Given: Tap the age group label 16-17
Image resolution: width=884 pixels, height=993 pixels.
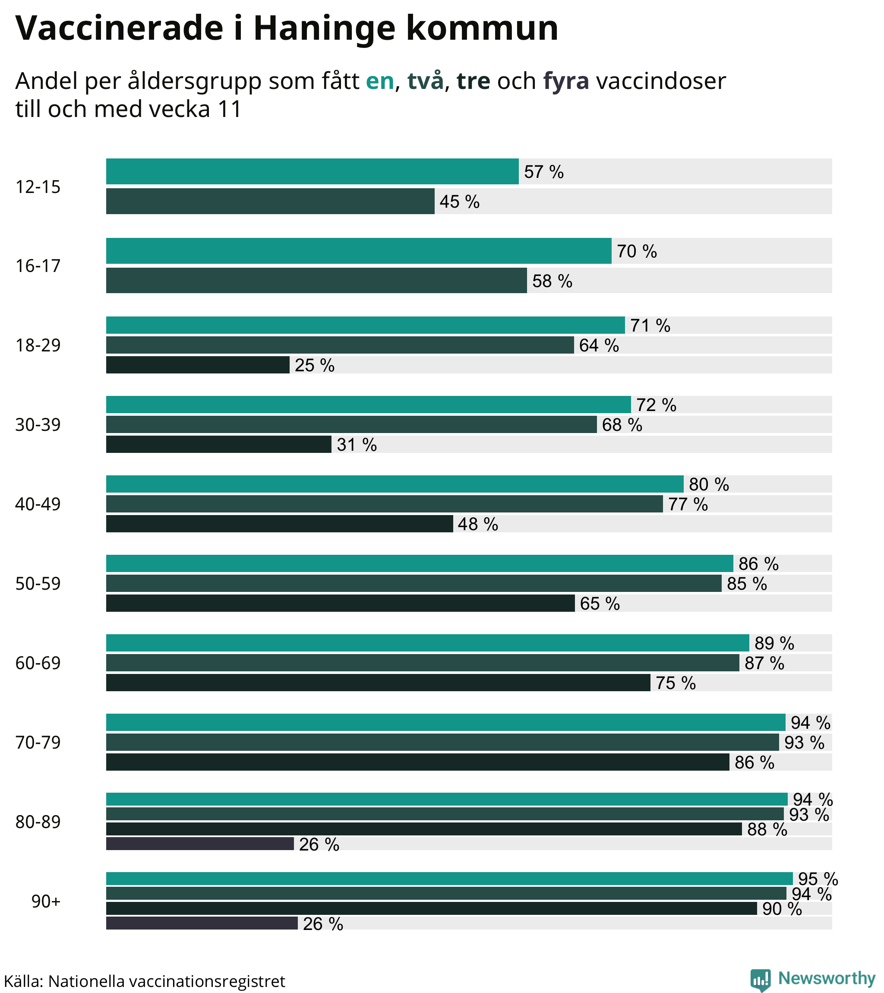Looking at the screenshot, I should [38, 266].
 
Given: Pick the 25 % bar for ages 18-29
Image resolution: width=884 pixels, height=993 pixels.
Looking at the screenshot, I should [197, 365].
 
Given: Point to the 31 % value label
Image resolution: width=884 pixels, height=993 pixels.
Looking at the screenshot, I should [357, 445].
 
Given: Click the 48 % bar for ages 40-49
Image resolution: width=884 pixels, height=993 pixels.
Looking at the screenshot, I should [279, 524].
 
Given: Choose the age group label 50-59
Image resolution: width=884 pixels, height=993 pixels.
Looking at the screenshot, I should [38, 583].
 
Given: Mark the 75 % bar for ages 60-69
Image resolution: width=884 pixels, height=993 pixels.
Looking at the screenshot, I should [378, 683].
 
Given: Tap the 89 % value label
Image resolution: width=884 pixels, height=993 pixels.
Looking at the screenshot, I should [774, 643].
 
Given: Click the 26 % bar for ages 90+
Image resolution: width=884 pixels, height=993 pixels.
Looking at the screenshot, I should [202, 923].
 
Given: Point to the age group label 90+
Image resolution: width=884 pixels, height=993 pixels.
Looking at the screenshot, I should [46, 901].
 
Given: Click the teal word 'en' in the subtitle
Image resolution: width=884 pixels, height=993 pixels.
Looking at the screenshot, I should [379, 81].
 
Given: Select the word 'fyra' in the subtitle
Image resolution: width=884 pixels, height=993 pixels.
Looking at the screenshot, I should [566, 81].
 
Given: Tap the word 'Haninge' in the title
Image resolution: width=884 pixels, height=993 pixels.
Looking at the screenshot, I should [324, 28].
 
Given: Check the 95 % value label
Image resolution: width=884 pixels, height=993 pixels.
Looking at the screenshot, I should [818, 879].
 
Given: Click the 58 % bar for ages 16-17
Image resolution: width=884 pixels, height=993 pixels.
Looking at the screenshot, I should [316, 280].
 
